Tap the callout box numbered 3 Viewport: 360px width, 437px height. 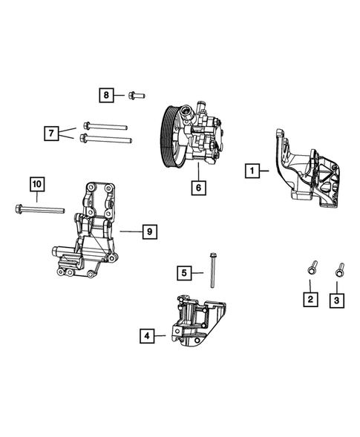[338, 300]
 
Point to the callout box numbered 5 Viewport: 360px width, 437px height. [184, 273]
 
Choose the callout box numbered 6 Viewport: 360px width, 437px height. [198, 188]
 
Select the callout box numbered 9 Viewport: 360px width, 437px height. [148, 232]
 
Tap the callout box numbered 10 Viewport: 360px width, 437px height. [37, 183]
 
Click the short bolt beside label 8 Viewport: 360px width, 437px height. [136, 95]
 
